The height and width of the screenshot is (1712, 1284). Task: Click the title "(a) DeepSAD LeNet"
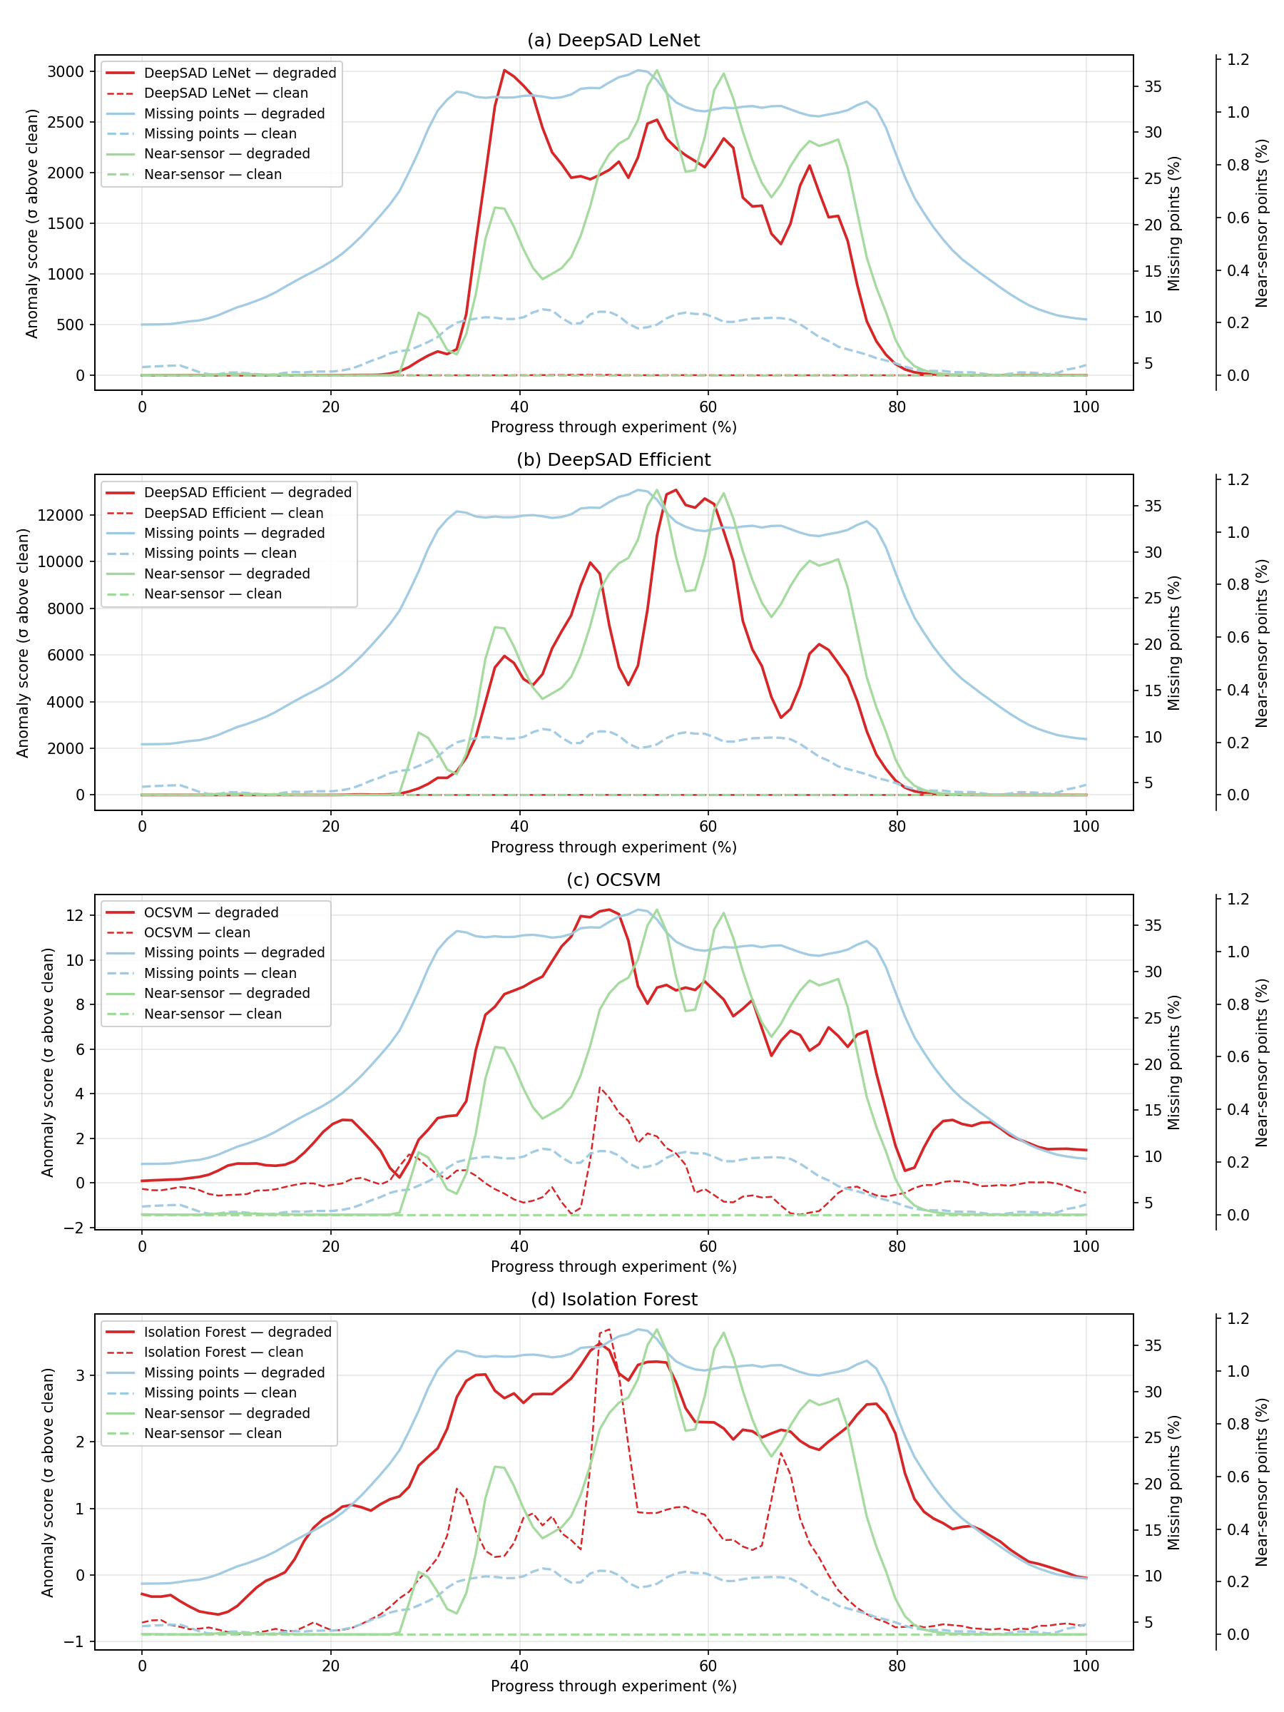click(x=613, y=40)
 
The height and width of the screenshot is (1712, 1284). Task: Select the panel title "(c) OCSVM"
click(x=613, y=880)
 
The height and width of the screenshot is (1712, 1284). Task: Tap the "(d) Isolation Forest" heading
click(x=613, y=1300)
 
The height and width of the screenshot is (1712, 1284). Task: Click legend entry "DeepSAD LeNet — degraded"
click(x=240, y=73)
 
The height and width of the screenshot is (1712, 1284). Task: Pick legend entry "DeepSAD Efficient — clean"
click(x=234, y=513)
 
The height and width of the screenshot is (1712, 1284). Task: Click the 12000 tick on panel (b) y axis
click(x=61, y=516)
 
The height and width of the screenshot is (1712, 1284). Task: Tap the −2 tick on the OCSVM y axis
click(x=75, y=1228)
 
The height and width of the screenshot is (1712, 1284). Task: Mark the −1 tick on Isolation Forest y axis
click(x=75, y=1641)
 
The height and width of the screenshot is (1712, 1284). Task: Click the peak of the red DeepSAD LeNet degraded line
click(x=504, y=71)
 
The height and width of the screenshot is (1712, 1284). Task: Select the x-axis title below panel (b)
click(x=613, y=847)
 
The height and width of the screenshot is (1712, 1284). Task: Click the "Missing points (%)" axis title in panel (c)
click(x=1174, y=1062)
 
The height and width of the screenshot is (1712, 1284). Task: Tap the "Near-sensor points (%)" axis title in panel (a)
click(x=1262, y=223)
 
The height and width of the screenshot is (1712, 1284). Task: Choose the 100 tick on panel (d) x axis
click(x=1085, y=1666)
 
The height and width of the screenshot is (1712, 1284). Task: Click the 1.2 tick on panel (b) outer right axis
click(x=1238, y=480)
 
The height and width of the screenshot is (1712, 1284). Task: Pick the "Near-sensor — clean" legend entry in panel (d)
click(x=212, y=1433)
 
